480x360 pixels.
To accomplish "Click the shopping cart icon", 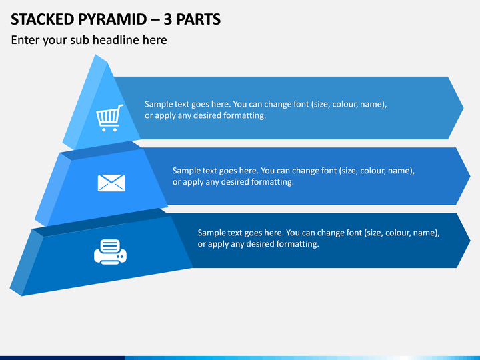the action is [109, 118].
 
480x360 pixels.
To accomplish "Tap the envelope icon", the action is [111, 183].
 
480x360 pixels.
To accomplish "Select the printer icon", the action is [110, 251].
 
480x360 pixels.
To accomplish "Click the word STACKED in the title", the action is [43, 19].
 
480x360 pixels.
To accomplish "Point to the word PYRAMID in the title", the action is [113, 19].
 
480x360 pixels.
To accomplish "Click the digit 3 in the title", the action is [167, 19].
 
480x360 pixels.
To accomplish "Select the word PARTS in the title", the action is [199, 19].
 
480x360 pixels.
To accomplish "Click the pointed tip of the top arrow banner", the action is [463, 108].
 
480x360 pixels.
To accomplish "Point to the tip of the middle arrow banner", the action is [470, 176].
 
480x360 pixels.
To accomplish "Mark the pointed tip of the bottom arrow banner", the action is [470, 240].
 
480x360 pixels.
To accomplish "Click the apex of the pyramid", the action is [96, 55].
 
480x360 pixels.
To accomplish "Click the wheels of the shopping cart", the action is [109, 130].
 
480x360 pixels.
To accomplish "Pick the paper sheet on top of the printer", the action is [110, 245].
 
